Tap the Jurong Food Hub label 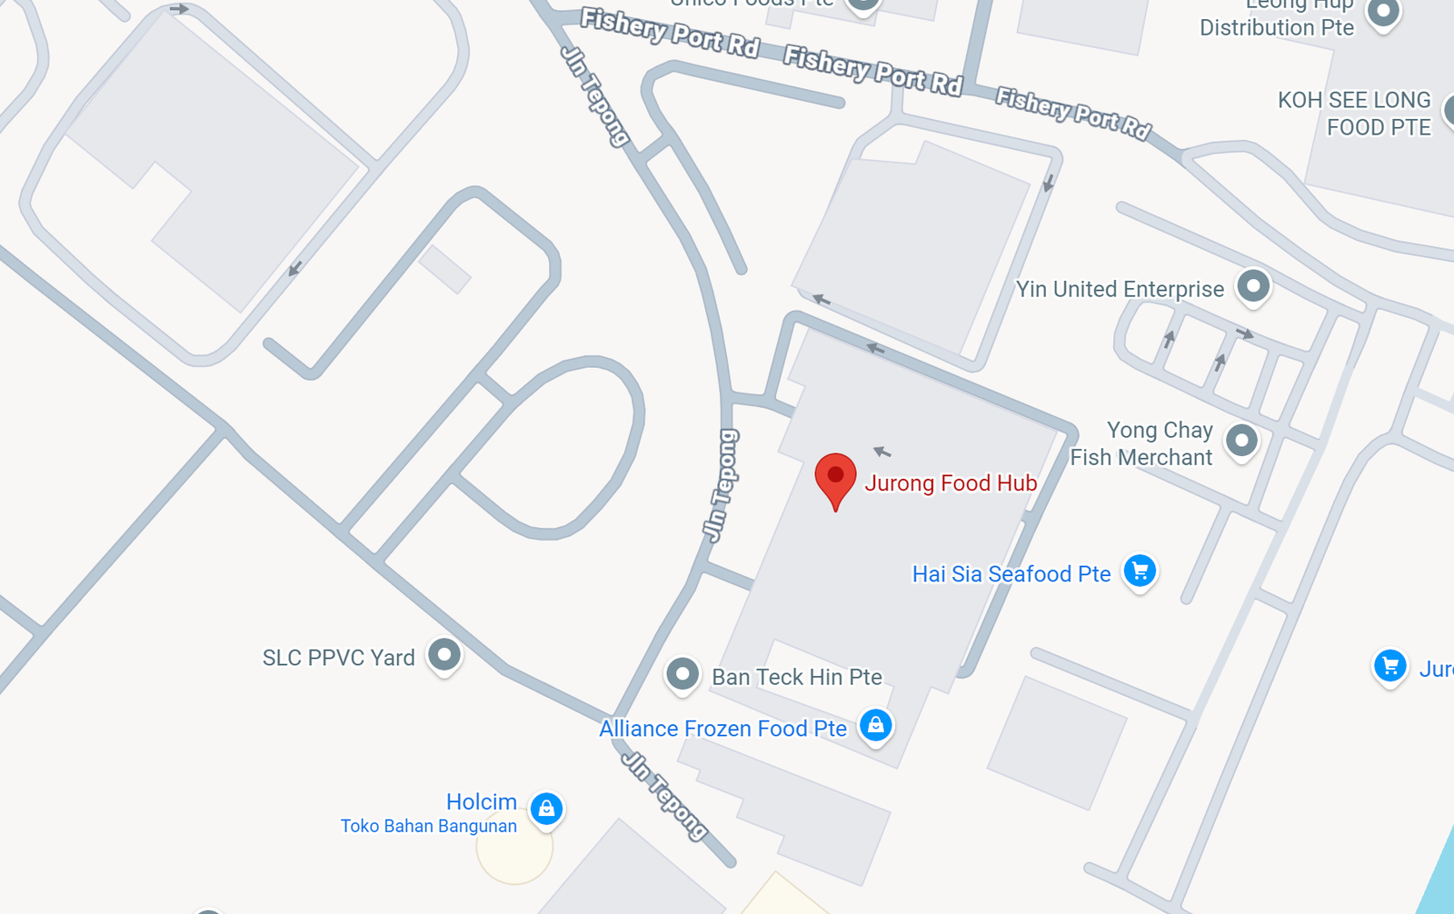click(951, 483)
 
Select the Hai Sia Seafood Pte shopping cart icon click(1140, 571)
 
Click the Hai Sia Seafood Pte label click(1011, 574)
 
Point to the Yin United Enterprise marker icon click(1253, 286)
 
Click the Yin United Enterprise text click(1120, 289)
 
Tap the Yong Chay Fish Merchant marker click(1241, 441)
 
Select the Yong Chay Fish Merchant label click(1142, 443)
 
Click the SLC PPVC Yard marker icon click(444, 654)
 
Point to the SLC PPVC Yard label click(338, 658)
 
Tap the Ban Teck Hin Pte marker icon click(682, 674)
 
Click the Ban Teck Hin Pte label click(797, 677)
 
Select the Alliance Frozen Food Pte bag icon click(875, 725)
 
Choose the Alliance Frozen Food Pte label click(722, 729)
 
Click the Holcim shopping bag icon click(546, 808)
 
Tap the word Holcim click(481, 801)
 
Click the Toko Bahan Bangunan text click(429, 826)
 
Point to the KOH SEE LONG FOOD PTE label click(1354, 114)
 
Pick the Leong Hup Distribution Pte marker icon click(1383, 13)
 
